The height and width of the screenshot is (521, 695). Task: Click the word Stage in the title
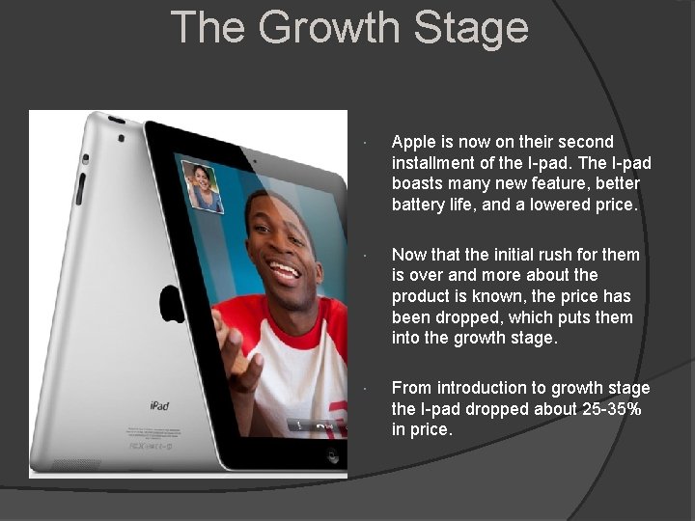coord(474,27)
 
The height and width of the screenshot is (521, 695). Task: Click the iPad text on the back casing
coord(158,406)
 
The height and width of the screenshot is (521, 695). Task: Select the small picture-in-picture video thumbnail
coord(202,186)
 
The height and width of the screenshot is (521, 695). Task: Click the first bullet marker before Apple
coord(361,144)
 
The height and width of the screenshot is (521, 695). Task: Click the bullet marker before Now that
coord(361,257)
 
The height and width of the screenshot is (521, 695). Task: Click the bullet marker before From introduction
coord(361,390)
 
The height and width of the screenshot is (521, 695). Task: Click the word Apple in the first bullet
coord(414,142)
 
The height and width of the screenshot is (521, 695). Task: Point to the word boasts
coord(419,183)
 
